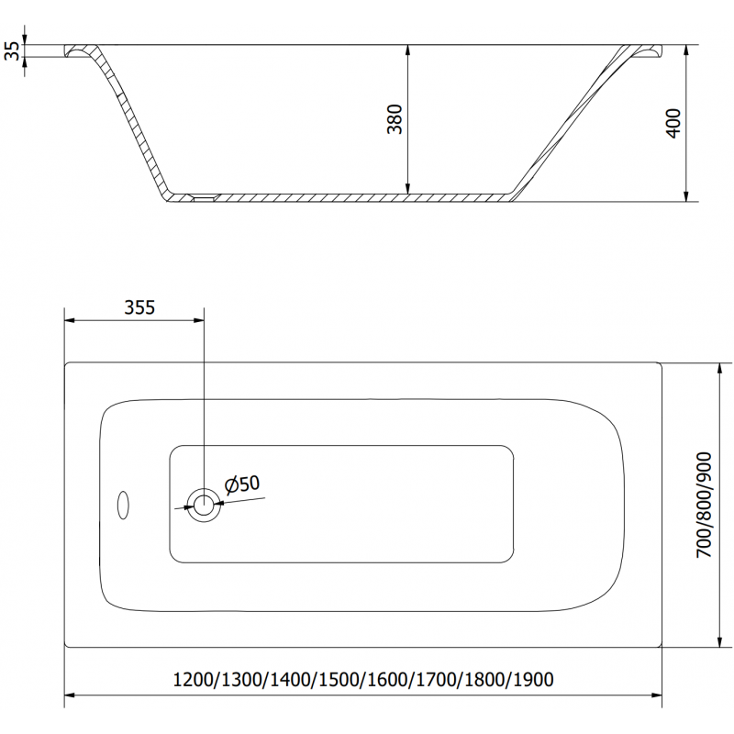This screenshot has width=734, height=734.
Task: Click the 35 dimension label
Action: [x=11, y=50]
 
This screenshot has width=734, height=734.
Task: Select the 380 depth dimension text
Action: [x=395, y=120]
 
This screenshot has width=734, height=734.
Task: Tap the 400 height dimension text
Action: [x=673, y=123]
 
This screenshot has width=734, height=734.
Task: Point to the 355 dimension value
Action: [x=139, y=308]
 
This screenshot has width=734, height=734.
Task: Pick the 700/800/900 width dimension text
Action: [x=704, y=506]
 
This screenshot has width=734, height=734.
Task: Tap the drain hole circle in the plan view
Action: [x=203, y=503]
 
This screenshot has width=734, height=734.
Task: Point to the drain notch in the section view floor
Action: [x=202, y=195]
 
